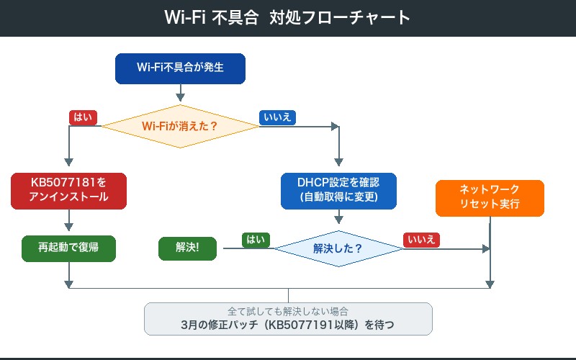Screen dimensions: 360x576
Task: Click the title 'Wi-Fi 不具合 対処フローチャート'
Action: pos(288,18)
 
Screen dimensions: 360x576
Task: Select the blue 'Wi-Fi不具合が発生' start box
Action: pos(180,68)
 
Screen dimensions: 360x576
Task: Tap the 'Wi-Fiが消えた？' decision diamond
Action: pos(180,126)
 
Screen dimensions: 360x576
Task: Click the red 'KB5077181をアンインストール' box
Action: pos(68,190)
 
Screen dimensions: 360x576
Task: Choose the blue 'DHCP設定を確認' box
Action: pos(338,190)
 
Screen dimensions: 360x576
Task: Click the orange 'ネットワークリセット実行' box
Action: pos(490,197)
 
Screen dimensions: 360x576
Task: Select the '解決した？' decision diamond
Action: pos(338,248)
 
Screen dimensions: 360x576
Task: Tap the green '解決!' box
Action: pos(187,248)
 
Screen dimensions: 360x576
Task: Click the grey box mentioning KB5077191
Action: pos(288,319)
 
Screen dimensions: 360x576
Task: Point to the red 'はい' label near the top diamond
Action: pos(84,117)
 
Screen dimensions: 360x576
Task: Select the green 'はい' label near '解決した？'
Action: pos(256,240)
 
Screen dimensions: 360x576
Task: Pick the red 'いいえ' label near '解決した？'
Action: pos(422,240)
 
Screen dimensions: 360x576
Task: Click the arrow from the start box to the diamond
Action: pos(180,91)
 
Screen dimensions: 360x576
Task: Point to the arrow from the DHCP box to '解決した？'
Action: pos(338,217)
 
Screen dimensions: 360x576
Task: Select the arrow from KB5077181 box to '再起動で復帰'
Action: pos(68,220)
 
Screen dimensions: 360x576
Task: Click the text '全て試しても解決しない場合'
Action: pos(288,312)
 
